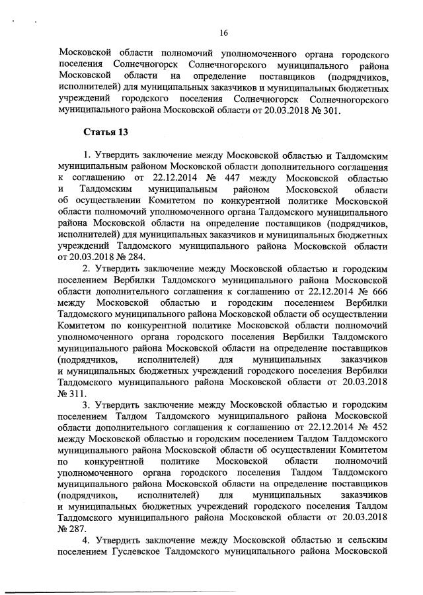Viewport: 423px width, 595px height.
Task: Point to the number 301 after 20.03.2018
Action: tap(330, 111)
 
